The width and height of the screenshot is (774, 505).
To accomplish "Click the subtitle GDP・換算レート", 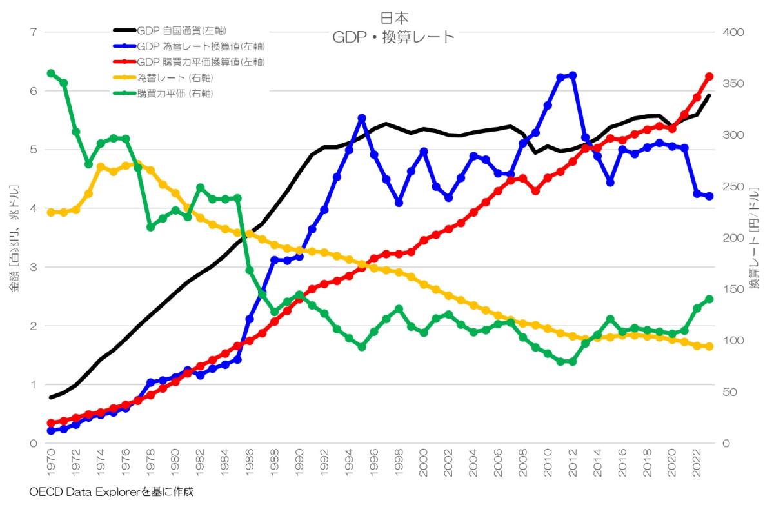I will tap(393, 37).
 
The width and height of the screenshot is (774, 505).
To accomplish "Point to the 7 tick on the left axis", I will tap(33, 32).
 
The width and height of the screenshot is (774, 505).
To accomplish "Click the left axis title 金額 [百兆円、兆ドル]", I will tap(14, 238).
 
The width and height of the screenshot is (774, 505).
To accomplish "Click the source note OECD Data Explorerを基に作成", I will tap(112, 492).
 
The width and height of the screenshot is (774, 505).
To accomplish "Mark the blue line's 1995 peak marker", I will tap(362, 118).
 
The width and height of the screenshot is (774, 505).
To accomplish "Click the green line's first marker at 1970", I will tap(51, 73).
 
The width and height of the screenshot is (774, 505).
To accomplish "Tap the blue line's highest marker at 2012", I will tap(573, 75).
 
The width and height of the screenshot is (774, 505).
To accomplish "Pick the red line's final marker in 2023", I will tap(709, 76).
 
